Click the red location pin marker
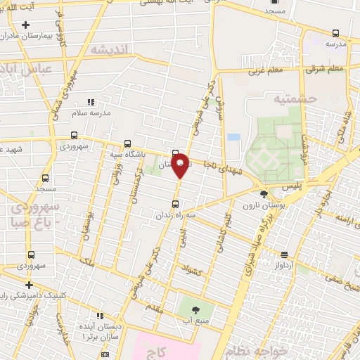[x=180, y=165]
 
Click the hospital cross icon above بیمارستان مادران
[x=25, y=25]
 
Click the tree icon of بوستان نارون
[x=264, y=194]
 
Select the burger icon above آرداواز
[x=284, y=255]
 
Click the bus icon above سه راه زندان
[x=175, y=204]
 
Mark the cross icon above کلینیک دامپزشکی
[x=28, y=285]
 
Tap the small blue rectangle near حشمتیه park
[x=233, y=136]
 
